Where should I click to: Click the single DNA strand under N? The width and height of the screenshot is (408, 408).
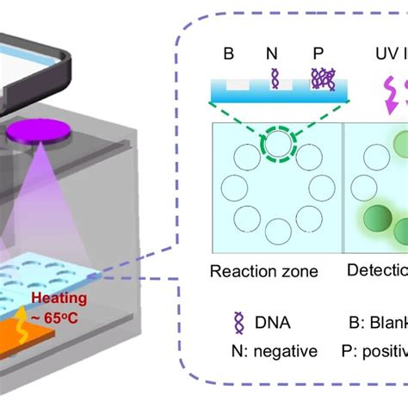[275, 80]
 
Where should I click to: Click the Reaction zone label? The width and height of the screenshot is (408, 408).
[263, 272]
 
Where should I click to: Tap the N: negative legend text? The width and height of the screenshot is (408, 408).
[266, 350]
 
